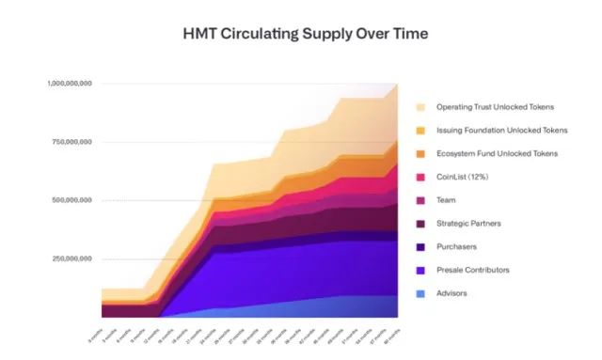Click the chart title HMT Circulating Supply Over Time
[300, 34]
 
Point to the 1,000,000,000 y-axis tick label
[70, 84]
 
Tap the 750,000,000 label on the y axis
[71, 142]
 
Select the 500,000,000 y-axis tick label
[71, 200]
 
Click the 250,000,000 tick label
[71, 258]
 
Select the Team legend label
[446, 199]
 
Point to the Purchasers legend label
[455, 246]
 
